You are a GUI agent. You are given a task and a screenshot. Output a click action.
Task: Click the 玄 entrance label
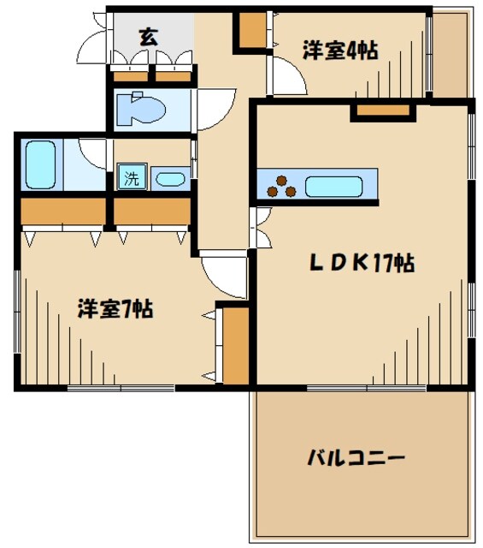point(148,37)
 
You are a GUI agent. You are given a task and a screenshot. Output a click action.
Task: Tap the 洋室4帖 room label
point(339,51)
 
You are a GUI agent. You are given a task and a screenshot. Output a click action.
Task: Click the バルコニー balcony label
point(356,458)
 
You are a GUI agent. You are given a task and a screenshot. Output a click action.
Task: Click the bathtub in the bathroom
point(40,164)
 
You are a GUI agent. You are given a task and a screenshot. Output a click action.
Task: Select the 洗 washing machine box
point(132,180)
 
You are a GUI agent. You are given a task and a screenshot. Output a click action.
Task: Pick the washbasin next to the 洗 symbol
point(170,180)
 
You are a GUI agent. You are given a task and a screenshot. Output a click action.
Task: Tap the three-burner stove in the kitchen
point(281,186)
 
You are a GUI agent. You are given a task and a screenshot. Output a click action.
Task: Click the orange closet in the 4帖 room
point(252,31)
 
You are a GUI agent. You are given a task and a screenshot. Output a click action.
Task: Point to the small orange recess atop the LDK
point(382,110)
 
